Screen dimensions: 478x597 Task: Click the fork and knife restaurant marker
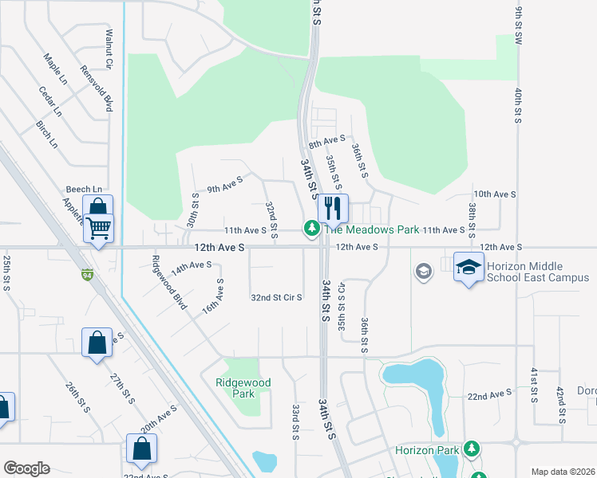point(333,209)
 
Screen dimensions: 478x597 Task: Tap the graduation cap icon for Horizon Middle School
point(469,266)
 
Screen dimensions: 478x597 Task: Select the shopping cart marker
point(98,228)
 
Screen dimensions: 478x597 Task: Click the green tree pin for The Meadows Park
point(310,229)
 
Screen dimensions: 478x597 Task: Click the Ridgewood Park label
point(243,388)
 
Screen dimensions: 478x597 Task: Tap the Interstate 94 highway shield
point(85,276)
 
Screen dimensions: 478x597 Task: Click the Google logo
point(26,468)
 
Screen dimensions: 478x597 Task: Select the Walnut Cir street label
point(109,48)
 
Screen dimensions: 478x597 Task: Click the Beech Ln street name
point(84,189)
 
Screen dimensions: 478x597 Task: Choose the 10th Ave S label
point(495,194)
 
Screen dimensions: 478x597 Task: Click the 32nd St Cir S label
point(276,298)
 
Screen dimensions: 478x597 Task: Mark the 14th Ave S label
point(191,266)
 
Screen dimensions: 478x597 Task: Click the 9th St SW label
point(518,24)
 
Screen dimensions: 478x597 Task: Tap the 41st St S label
point(534,386)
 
